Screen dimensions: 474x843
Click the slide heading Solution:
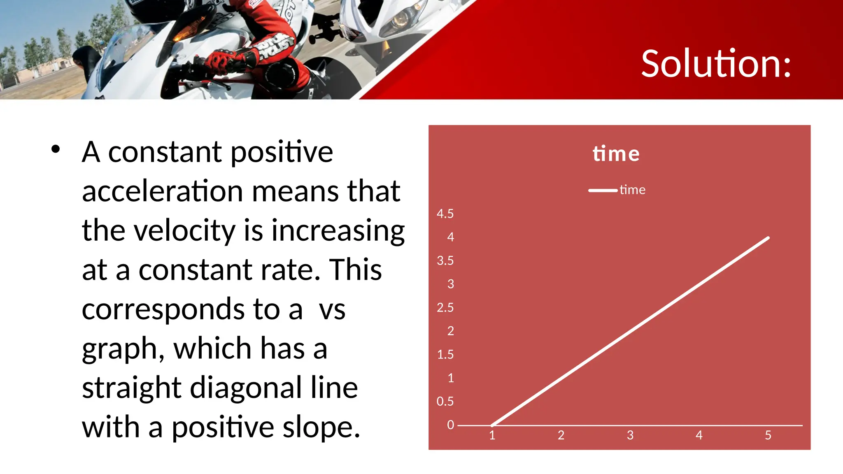[716, 64]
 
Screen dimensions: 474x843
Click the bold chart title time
[616, 154]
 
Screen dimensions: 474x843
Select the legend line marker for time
[603, 190]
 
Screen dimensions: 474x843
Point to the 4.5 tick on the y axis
[445, 214]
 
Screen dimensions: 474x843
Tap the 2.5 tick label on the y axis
[445, 307]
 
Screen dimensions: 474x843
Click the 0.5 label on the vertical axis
[445, 401]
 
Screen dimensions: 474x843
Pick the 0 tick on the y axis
[451, 425]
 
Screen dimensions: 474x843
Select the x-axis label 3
[630, 435]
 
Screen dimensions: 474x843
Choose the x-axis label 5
[768, 435]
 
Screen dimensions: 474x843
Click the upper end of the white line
[768, 238]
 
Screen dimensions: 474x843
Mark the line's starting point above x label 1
[492, 425]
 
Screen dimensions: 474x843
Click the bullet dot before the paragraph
[56, 149]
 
